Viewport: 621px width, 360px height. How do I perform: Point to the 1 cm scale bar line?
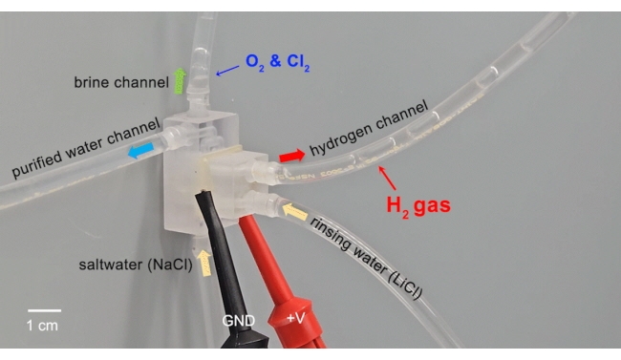(x=43, y=309)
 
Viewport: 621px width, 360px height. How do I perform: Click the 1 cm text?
(x=42, y=326)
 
